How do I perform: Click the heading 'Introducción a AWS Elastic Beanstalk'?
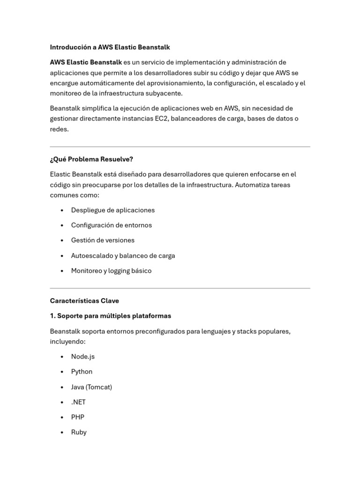click(x=110, y=47)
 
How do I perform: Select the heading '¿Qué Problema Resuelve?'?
click(x=91, y=159)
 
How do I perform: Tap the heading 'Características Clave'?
click(x=84, y=301)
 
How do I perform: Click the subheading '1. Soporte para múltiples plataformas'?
click(x=111, y=316)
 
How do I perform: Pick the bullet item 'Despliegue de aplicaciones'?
click(x=112, y=210)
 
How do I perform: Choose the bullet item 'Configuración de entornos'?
click(x=111, y=225)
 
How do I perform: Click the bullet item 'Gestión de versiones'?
click(x=103, y=240)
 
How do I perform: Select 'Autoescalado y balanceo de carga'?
click(x=123, y=255)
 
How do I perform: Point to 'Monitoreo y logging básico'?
click(x=111, y=271)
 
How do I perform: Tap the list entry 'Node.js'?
click(x=82, y=357)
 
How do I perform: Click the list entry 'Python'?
click(x=82, y=372)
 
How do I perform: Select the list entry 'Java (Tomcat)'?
click(x=91, y=387)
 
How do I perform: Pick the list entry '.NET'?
click(x=78, y=402)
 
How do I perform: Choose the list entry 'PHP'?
click(x=77, y=417)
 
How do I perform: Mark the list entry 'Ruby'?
click(x=79, y=432)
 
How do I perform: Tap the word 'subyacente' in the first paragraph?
click(x=165, y=93)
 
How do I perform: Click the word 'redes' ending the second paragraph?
click(x=59, y=129)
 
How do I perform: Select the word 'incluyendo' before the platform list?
click(x=67, y=342)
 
